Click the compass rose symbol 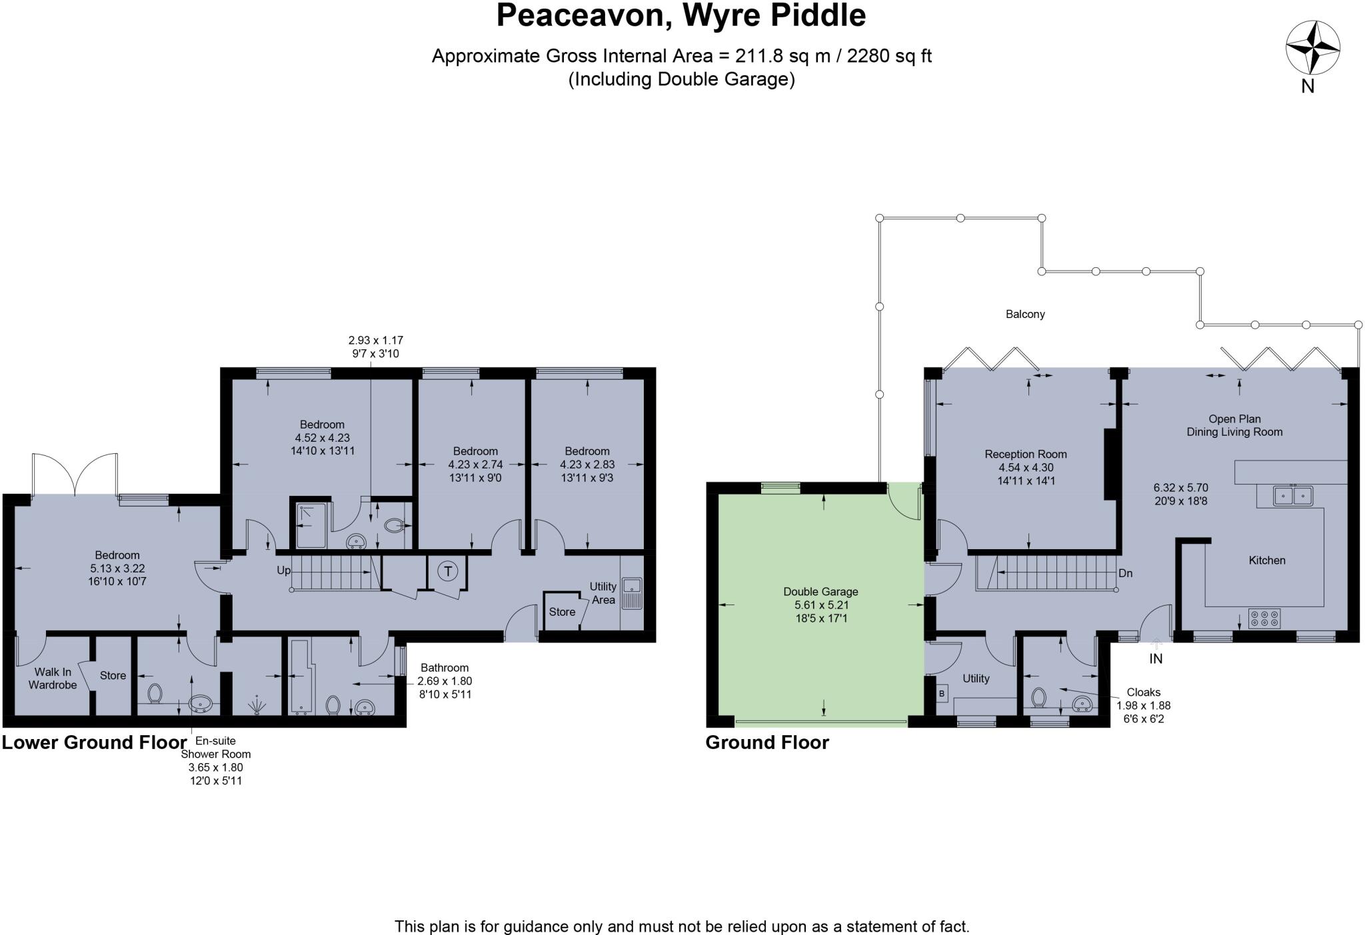click(x=1312, y=47)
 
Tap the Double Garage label click(x=820, y=592)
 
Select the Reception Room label click(x=1026, y=455)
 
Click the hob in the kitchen click(x=1264, y=618)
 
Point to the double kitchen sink click(x=1293, y=496)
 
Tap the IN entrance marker click(x=1156, y=658)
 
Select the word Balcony click(x=1025, y=314)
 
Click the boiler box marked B click(x=942, y=694)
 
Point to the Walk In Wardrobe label click(x=52, y=678)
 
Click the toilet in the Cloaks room click(x=1038, y=698)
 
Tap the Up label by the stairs click(x=284, y=570)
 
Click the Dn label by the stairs click(x=1125, y=573)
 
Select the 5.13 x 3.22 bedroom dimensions click(x=117, y=568)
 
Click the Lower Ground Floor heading click(x=94, y=742)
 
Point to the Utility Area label click(x=603, y=592)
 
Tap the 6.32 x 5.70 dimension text click(x=1180, y=487)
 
